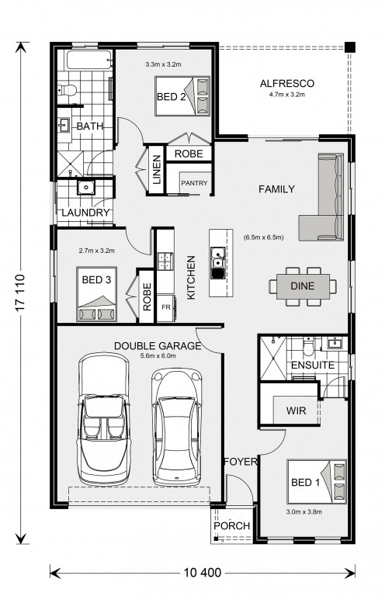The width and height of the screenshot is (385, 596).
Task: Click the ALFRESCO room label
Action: [x=287, y=83]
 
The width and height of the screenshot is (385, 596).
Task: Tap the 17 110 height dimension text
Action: [x=20, y=293]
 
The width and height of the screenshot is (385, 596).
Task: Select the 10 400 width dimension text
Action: [x=202, y=572]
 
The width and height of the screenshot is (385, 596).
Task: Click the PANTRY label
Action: [x=194, y=183]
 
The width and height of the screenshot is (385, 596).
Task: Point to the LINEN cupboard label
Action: [x=157, y=169]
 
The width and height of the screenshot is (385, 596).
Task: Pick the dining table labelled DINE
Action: [x=303, y=286]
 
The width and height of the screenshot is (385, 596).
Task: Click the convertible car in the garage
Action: [x=103, y=418]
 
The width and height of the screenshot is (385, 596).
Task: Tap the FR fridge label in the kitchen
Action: [x=166, y=307]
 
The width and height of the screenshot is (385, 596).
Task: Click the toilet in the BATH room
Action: [x=68, y=90]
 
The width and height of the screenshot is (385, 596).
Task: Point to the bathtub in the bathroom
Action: [x=90, y=60]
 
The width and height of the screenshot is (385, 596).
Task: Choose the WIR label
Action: [x=296, y=411]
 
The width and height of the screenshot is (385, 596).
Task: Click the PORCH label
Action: [x=232, y=525]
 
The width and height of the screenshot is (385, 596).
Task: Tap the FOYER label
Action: [x=241, y=462]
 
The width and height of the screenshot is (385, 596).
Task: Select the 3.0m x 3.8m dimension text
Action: [x=304, y=511]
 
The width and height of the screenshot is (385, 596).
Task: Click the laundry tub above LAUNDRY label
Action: [x=86, y=187]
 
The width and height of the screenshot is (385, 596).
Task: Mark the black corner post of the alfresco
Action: [x=350, y=47]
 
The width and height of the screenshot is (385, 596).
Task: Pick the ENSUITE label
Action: [x=313, y=366]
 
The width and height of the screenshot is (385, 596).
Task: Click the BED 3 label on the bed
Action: [x=96, y=280]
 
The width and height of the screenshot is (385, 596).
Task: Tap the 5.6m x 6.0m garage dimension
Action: [x=158, y=355]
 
